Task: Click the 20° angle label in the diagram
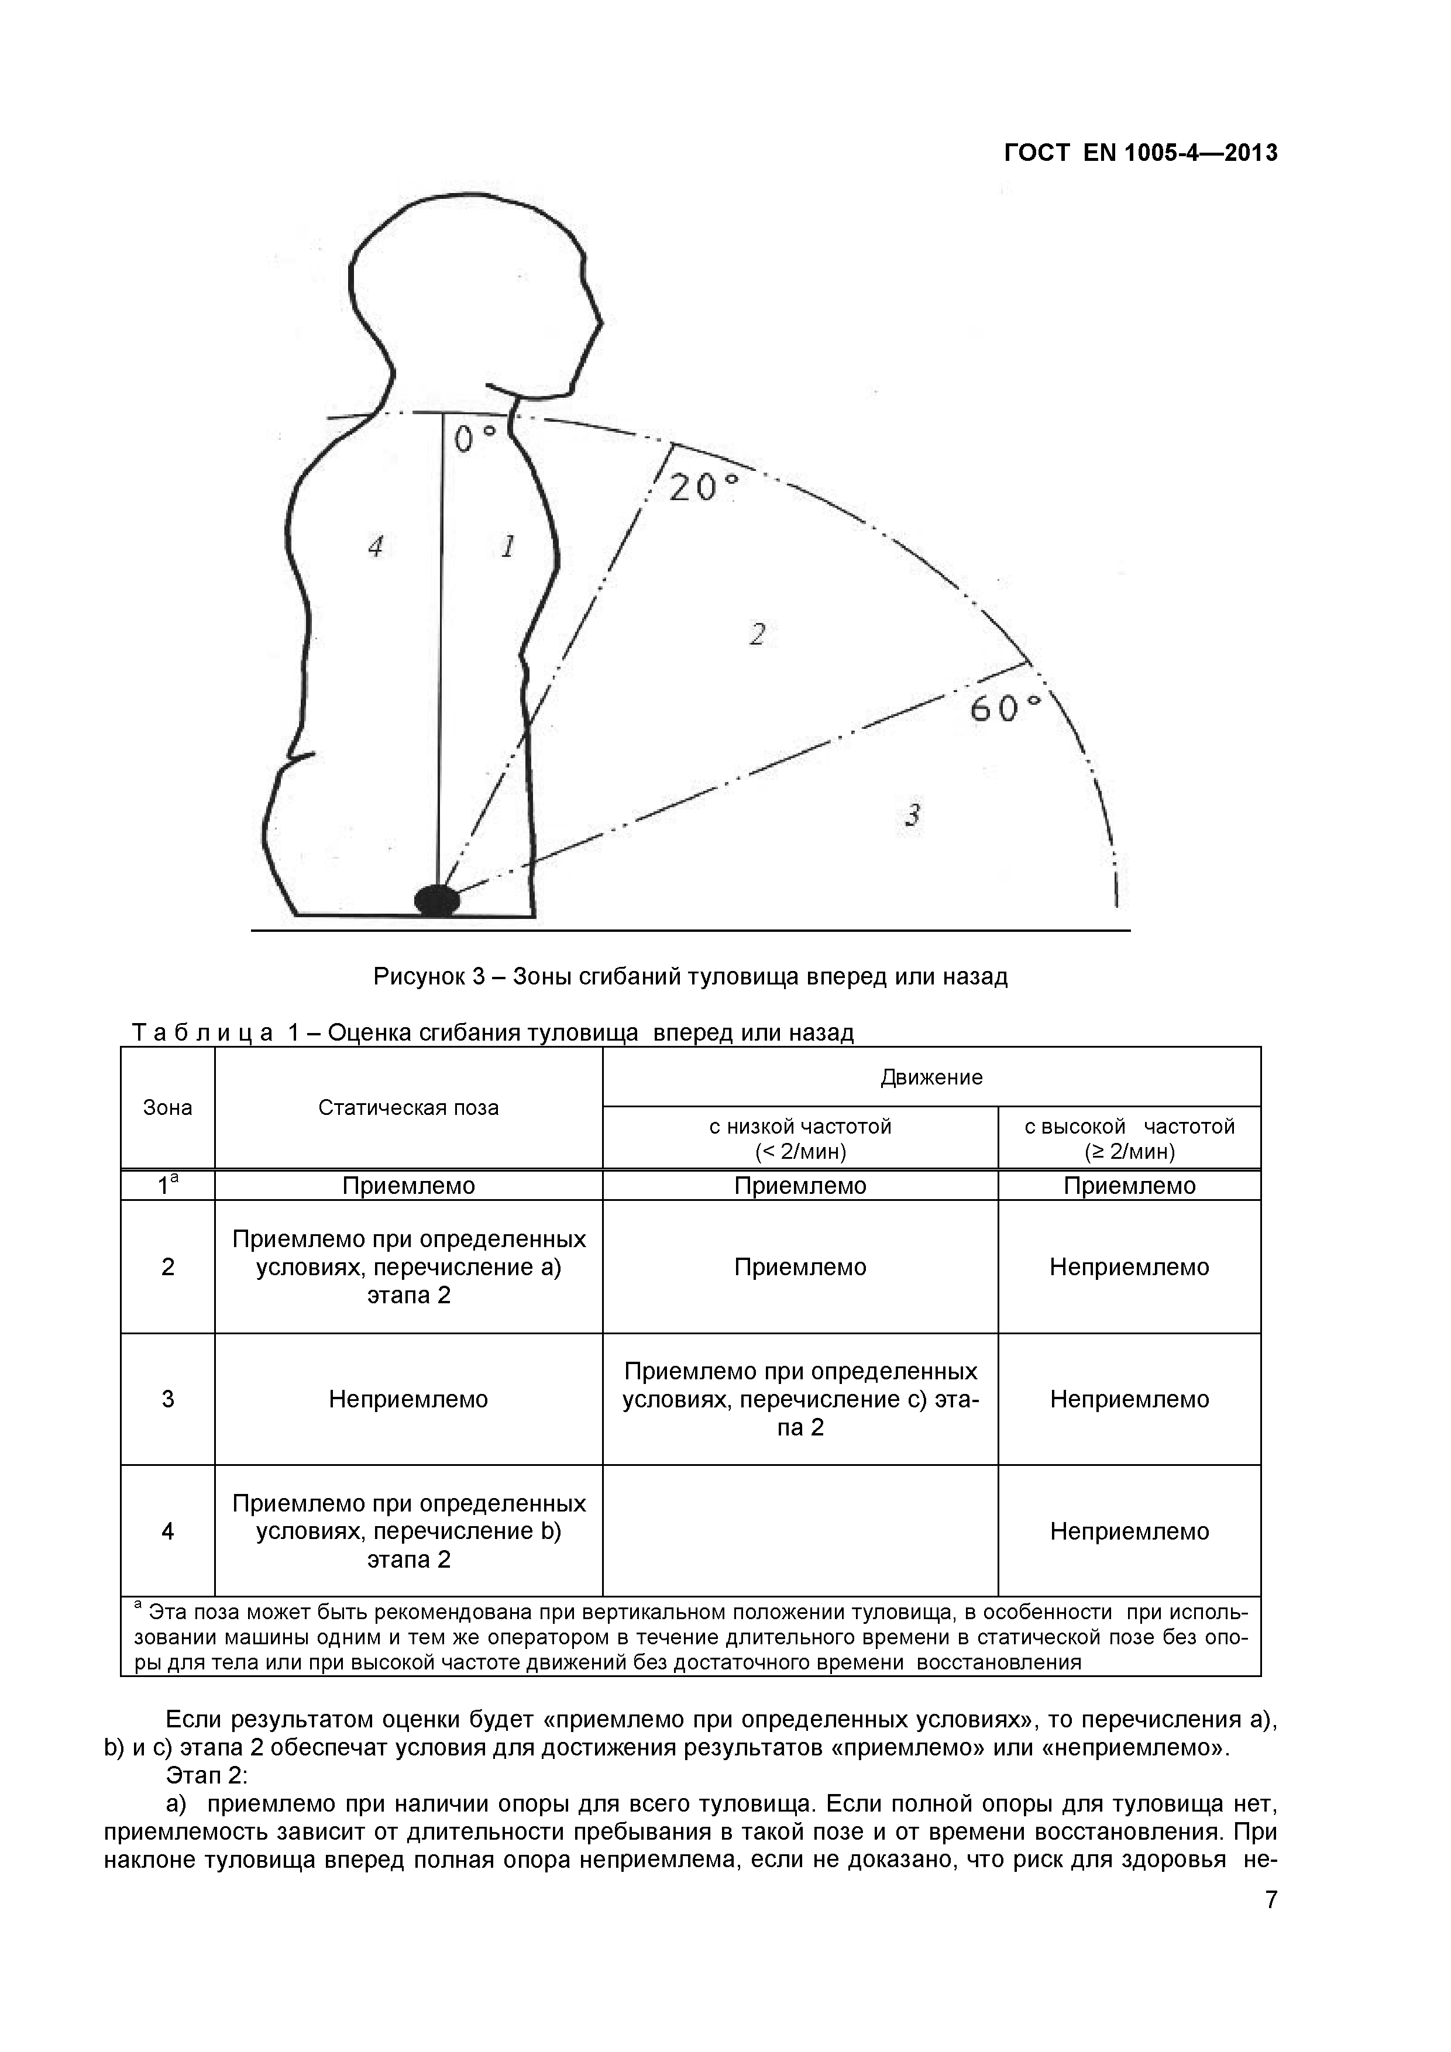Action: coord(704,487)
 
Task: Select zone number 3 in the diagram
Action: coord(913,815)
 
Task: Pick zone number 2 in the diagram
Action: coord(757,635)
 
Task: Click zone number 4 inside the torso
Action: coord(376,546)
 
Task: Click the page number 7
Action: coord(1270,1925)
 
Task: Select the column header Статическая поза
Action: coord(408,1108)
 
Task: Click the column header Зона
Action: coord(167,1108)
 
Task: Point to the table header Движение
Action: coord(931,1077)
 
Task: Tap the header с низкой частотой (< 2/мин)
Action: coord(800,1138)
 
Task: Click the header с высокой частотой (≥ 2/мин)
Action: coord(1129,1138)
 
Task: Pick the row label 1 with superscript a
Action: coord(167,1185)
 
